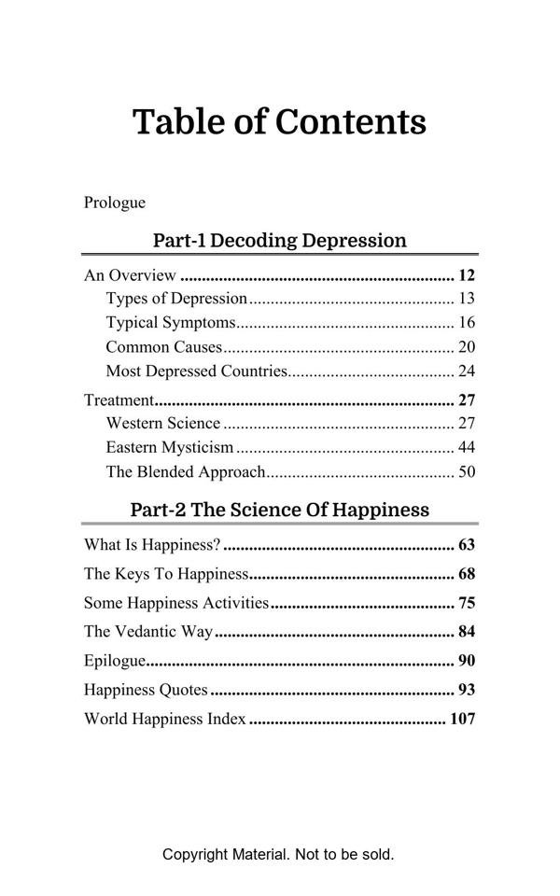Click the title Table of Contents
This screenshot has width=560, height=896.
click(x=279, y=122)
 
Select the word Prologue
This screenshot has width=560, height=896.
click(x=115, y=203)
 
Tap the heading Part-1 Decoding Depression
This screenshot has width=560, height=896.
click(x=279, y=241)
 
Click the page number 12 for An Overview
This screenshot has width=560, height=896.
click(x=467, y=275)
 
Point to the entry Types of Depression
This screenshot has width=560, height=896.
click(x=176, y=299)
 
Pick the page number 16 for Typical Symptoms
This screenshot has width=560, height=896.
click(x=467, y=323)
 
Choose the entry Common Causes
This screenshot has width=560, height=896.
click(x=164, y=347)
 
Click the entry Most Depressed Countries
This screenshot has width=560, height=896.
click(x=196, y=371)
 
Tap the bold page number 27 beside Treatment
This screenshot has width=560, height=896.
click(x=467, y=400)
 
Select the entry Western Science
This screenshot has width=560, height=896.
click(x=163, y=424)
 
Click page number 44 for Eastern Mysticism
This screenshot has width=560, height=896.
click(x=467, y=448)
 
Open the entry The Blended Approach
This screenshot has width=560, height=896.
click(x=186, y=472)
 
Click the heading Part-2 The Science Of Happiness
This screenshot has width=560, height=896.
click(x=279, y=510)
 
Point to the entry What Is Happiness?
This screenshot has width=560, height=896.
click(x=152, y=545)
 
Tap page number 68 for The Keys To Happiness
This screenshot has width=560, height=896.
click(x=467, y=574)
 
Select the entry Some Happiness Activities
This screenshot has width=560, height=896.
click(x=176, y=604)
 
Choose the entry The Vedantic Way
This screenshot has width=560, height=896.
click(x=148, y=632)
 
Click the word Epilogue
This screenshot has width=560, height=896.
click(x=115, y=662)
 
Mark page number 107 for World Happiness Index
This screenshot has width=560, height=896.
click(x=463, y=720)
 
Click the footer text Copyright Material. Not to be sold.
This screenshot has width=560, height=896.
click(x=278, y=854)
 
